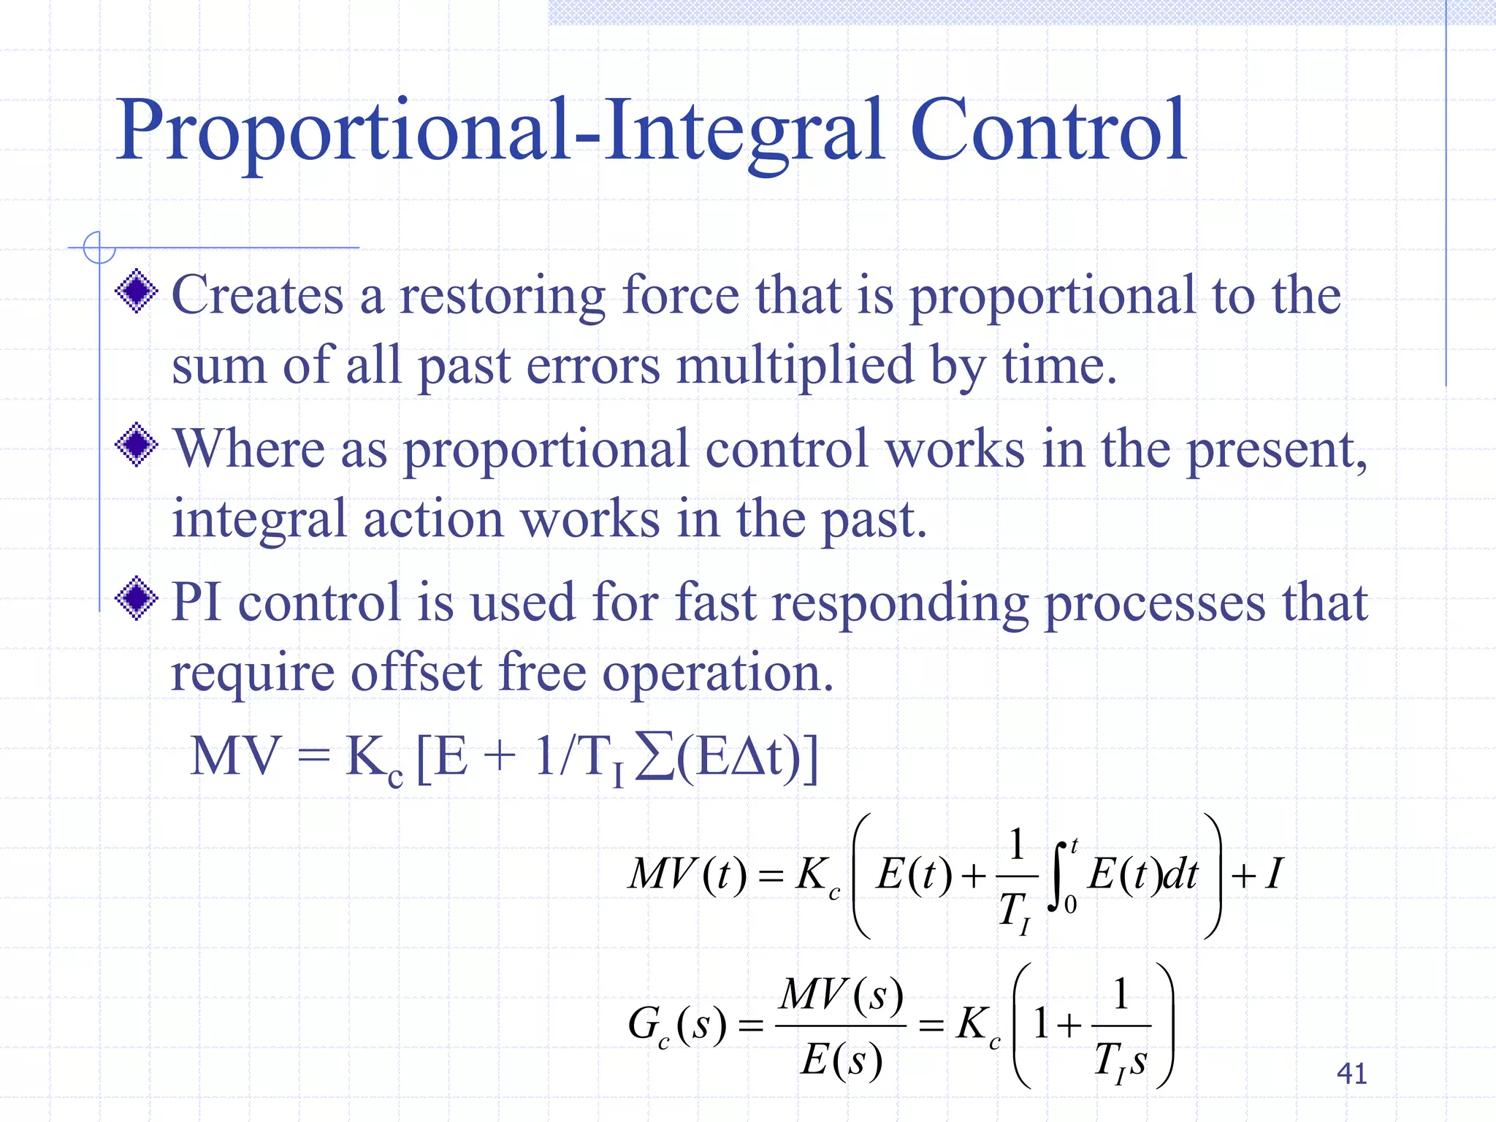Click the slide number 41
pos(1351,1073)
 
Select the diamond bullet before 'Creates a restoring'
pos(137,291)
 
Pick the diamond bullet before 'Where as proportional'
pos(137,444)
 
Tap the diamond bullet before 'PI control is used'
pos(137,598)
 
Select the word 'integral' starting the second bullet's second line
pos(259,520)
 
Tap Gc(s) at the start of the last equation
pos(676,1025)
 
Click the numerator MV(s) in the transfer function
pos(841,995)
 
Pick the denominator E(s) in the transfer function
pos(841,1059)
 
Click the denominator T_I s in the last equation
pos(1121,1061)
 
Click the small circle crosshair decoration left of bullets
pos(99,248)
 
